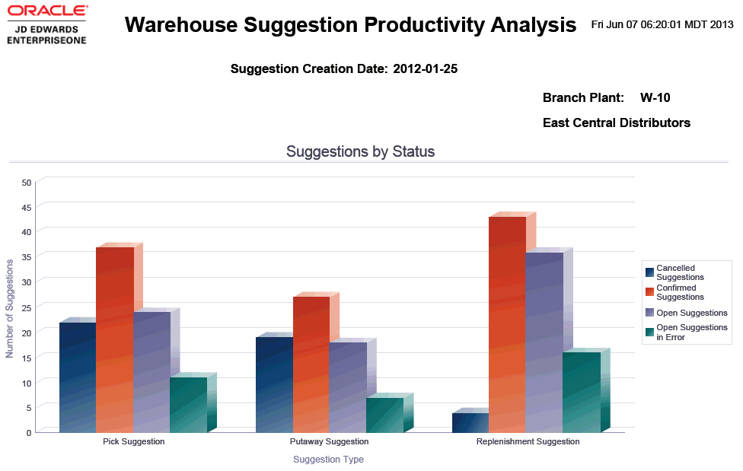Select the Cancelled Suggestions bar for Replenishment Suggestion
point(470,423)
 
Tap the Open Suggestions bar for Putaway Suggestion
point(348,387)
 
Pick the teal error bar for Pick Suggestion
point(188,405)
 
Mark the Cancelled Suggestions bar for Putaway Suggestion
point(274,384)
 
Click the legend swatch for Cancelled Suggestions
point(649,272)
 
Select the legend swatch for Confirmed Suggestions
point(649,292)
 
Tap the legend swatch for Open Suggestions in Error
point(649,333)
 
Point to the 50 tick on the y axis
point(27,183)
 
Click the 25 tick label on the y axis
point(27,307)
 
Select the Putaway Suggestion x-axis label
point(329,441)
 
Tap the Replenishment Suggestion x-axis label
point(528,441)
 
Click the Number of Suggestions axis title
point(10,308)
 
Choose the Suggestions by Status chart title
point(360,151)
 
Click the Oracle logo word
point(46,11)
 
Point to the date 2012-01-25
point(425,69)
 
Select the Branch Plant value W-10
point(655,97)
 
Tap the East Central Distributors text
point(617,123)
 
